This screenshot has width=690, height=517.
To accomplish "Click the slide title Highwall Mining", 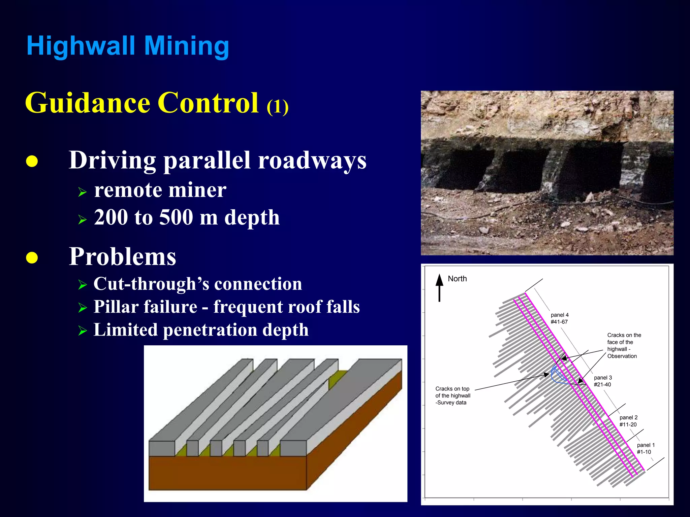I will (x=128, y=46).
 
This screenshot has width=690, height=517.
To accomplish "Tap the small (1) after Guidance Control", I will (x=277, y=107).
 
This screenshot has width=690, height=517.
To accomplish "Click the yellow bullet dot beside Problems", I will (x=32, y=257).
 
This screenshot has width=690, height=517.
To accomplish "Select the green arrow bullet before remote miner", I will (x=82, y=192).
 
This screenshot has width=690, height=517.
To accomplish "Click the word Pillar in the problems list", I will (x=116, y=307).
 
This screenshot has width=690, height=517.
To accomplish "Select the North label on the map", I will (x=457, y=279).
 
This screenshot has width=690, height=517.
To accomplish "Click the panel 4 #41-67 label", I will (x=560, y=318).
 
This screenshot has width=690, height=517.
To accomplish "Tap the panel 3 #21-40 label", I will (x=603, y=381).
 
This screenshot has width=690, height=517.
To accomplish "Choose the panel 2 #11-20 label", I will (x=628, y=421).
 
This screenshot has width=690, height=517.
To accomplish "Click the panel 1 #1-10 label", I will (x=646, y=448).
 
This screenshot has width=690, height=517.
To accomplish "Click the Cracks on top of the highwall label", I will (x=452, y=395).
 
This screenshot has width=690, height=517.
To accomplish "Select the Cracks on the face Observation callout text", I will (x=624, y=345).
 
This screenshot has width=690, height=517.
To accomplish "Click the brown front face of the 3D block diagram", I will (x=227, y=473).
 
